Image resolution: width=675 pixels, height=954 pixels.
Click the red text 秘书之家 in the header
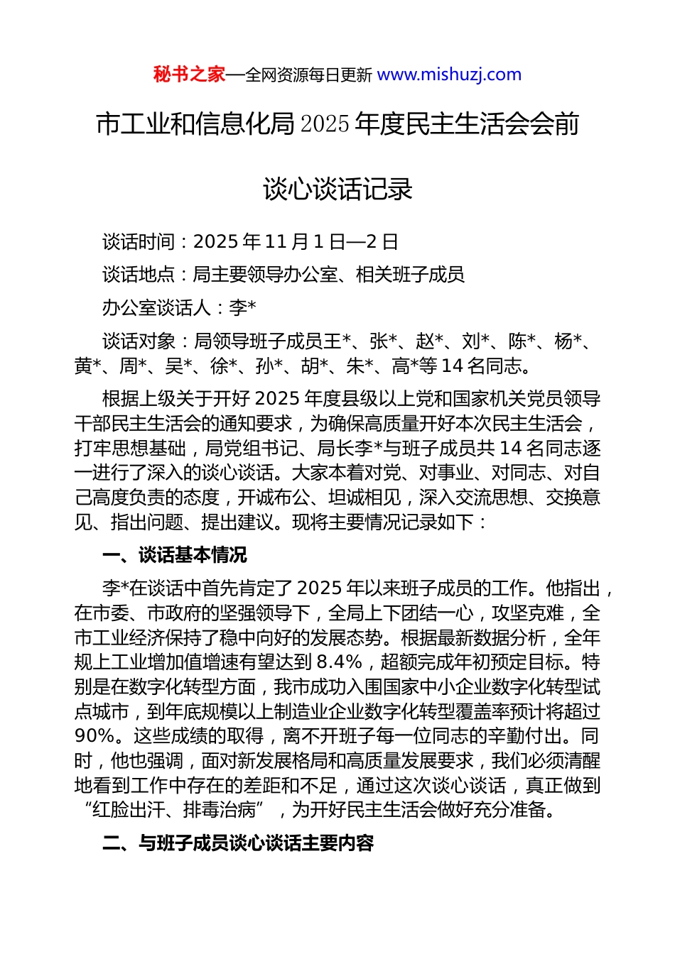(189, 75)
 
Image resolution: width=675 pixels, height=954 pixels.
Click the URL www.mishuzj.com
(449, 75)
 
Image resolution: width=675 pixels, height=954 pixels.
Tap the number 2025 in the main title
(325, 124)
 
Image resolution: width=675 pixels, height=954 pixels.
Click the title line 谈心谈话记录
(337, 190)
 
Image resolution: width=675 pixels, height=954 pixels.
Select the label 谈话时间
(139, 242)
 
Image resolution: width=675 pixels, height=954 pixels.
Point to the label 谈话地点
(139, 275)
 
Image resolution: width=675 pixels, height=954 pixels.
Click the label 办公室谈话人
(156, 308)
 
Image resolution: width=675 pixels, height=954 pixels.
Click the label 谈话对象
(139, 341)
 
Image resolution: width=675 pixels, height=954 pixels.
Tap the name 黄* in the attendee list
(87, 366)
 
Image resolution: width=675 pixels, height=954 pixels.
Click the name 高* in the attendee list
(405, 366)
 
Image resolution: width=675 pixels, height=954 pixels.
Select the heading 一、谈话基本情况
(175, 555)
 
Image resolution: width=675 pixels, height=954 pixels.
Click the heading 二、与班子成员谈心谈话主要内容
(238, 843)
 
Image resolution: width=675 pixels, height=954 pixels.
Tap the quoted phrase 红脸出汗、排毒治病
(174, 810)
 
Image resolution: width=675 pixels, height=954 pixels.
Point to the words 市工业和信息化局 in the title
(195, 124)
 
